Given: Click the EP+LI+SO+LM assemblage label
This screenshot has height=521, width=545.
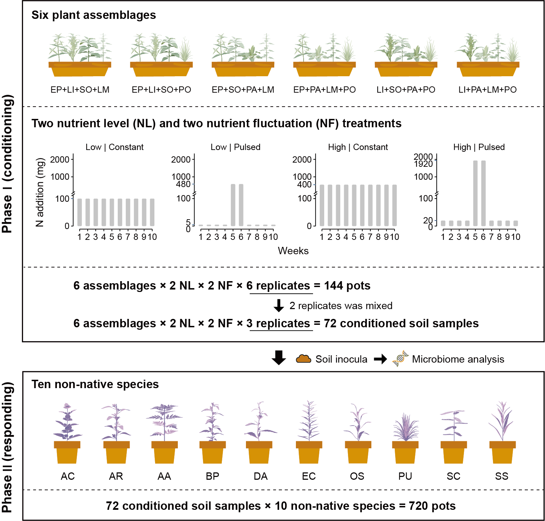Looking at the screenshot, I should click(80, 90).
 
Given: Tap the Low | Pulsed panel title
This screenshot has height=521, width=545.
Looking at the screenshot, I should click(235, 147).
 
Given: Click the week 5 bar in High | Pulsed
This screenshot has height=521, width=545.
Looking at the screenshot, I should click(475, 193).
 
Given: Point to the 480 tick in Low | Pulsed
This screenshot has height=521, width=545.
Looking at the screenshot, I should click(183, 184).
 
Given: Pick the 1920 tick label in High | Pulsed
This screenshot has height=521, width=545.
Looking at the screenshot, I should click(423, 164).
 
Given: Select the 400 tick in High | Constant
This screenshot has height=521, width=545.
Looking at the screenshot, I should click(304, 185).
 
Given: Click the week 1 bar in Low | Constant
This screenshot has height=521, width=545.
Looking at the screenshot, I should click(80, 212).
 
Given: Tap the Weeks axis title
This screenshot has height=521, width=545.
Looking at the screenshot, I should click(293, 251).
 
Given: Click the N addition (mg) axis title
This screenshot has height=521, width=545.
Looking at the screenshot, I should click(40, 192).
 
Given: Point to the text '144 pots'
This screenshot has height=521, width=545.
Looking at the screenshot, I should click(347, 286).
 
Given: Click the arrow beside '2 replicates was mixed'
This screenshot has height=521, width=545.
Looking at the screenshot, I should click(279, 305).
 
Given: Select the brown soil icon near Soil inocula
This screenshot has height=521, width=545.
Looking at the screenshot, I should click(303, 359).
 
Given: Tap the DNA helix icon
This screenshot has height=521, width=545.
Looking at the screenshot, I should click(400, 358).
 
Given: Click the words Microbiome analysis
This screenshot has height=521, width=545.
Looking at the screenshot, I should click(458, 359).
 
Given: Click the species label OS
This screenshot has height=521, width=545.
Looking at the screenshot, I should click(357, 476).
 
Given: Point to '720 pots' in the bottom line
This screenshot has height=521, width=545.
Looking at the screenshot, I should click(432, 506).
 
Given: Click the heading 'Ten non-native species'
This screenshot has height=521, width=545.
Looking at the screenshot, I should click(95, 384).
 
